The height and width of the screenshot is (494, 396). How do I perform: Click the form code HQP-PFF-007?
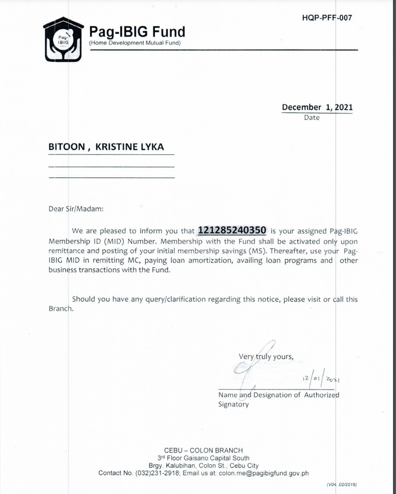[327, 18]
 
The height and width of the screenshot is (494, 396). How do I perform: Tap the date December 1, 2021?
[317, 107]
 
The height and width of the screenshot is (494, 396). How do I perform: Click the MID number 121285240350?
[232, 230]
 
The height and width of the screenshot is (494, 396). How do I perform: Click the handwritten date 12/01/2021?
[322, 379]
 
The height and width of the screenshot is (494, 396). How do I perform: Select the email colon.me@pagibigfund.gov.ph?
[263, 473]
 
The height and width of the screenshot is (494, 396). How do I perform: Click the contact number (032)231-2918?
[157, 473]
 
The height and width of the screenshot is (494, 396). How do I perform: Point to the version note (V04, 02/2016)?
[342, 485]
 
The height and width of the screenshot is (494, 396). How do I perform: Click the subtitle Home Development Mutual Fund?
[135, 43]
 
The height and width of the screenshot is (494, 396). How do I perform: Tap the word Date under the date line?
[312, 118]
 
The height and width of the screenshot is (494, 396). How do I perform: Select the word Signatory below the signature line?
[234, 404]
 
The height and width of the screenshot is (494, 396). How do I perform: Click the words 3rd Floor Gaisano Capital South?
[203, 458]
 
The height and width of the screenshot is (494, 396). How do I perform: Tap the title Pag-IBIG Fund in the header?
[137, 32]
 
